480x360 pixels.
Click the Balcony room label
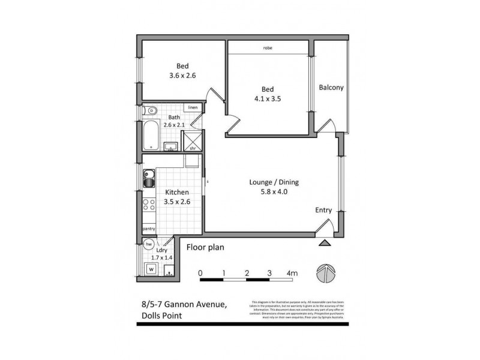click(x=331, y=88)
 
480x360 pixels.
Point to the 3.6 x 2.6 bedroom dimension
click(x=183, y=76)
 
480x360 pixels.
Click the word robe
click(x=268, y=47)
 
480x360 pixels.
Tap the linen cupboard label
click(x=193, y=107)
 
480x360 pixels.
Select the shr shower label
click(x=193, y=148)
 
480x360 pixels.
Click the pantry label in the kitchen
click(x=149, y=229)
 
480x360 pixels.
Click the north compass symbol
click(x=324, y=272)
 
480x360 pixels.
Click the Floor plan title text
click(x=205, y=247)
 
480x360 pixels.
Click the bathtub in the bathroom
click(x=151, y=135)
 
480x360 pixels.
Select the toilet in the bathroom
click(x=149, y=110)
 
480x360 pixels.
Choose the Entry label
click(x=325, y=210)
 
